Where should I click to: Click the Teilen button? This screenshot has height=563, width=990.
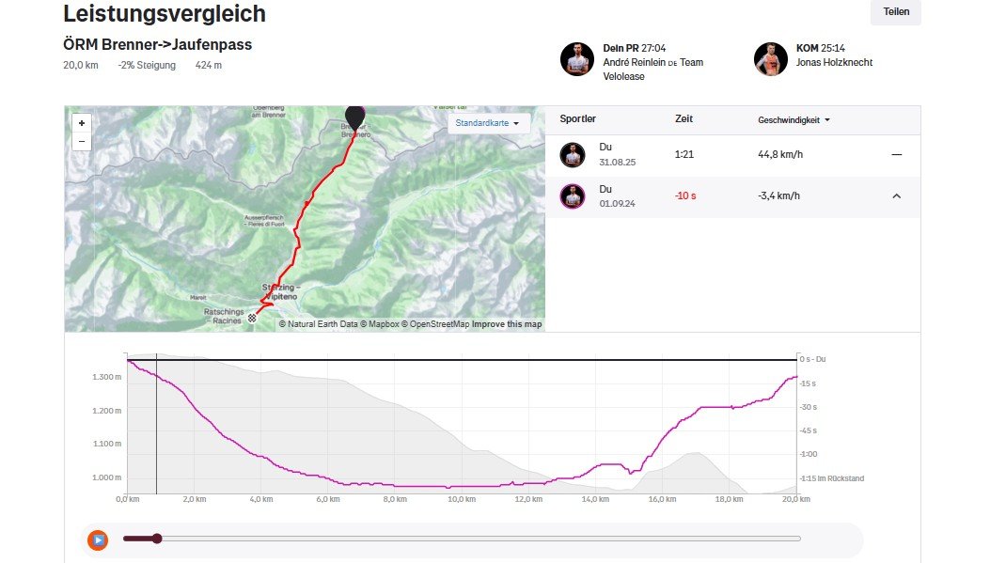coord(895,12)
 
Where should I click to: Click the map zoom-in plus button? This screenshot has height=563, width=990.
coord(82,123)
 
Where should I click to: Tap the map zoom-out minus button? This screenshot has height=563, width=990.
coord(82,141)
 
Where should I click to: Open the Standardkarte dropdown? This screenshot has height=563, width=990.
coord(489,123)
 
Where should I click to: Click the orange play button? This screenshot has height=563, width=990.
coord(98,540)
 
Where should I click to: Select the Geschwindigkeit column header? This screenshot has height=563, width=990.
coord(794,120)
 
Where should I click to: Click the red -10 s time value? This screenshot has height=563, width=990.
coord(685,195)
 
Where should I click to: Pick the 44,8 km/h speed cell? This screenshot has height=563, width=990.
coord(779,154)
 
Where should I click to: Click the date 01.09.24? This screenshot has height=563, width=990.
coord(617,204)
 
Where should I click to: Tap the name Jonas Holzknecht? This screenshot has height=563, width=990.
coord(834,62)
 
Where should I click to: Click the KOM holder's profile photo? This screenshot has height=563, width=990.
coord(770,59)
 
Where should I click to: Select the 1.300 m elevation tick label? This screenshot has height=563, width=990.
coord(105,377)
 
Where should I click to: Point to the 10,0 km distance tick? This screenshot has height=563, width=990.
coord(461,500)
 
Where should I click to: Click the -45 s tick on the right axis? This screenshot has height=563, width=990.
coord(808,430)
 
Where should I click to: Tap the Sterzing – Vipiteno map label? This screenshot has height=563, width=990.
coord(279,291)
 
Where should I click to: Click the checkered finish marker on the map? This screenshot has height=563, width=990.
coord(252,318)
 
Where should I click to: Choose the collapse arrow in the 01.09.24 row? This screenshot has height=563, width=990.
coord(896,195)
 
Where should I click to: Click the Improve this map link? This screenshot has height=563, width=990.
coord(507,324)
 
